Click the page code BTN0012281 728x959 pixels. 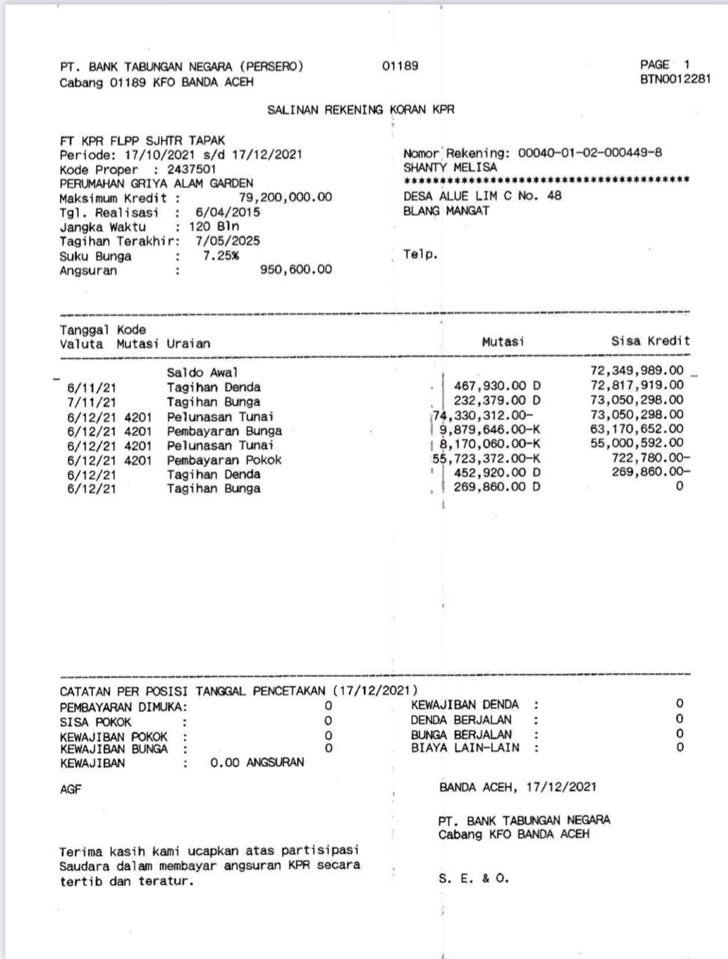[675, 79]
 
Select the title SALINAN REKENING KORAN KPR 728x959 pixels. [360, 110]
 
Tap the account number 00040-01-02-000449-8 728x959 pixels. [590, 154]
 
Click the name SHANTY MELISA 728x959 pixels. [449, 168]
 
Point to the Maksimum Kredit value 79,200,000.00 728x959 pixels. [285, 198]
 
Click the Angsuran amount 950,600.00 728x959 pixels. [296, 270]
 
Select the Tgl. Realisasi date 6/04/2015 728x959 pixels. [228, 212]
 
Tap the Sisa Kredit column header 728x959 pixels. [650, 341]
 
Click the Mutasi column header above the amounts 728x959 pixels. [503, 342]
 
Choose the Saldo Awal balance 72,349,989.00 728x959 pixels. [637, 371]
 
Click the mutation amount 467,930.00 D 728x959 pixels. [497, 386]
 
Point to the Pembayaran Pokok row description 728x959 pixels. [224, 460]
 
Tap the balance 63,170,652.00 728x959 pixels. [637, 429]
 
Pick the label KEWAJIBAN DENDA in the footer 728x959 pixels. [464, 704]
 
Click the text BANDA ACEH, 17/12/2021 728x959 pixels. [518, 787]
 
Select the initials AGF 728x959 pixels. [70, 790]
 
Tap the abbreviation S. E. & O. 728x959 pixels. [473, 879]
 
